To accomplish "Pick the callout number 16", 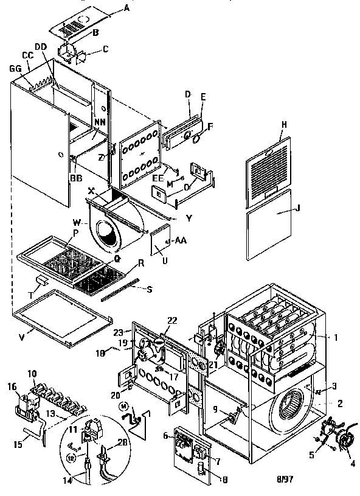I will [x=12, y=386].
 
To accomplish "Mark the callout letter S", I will [x=149, y=288].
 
